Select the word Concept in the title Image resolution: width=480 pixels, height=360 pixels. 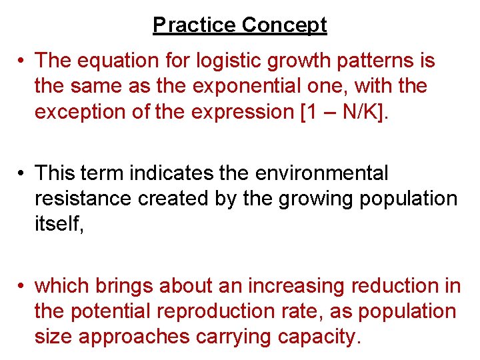pyautogui.click(x=284, y=25)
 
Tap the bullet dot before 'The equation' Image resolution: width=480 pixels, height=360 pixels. pyautogui.click(x=22, y=61)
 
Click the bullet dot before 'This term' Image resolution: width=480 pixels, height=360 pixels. pyautogui.click(x=22, y=173)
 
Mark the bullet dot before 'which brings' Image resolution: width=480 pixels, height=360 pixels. pyautogui.click(x=22, y=286)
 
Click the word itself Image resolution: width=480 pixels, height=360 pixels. pyautogui.click(x=59, y=224)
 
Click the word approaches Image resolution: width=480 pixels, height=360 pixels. pyautogui.click(x=134, y=337)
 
